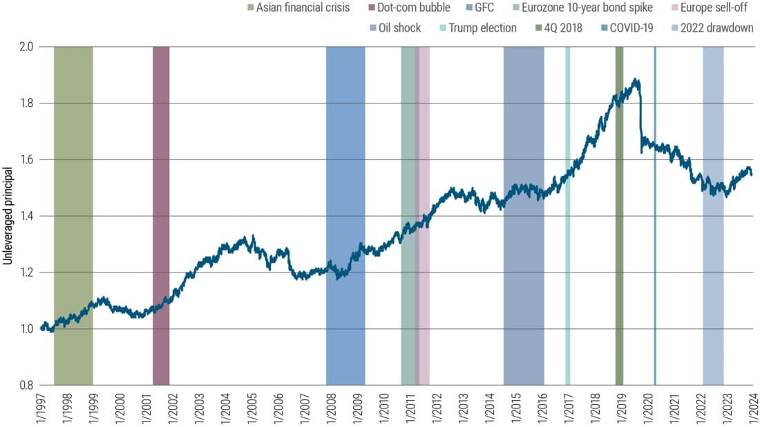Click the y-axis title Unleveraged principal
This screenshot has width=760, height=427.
[x=9, y=216]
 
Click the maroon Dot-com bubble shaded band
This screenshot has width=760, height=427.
[x=161, y=207]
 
